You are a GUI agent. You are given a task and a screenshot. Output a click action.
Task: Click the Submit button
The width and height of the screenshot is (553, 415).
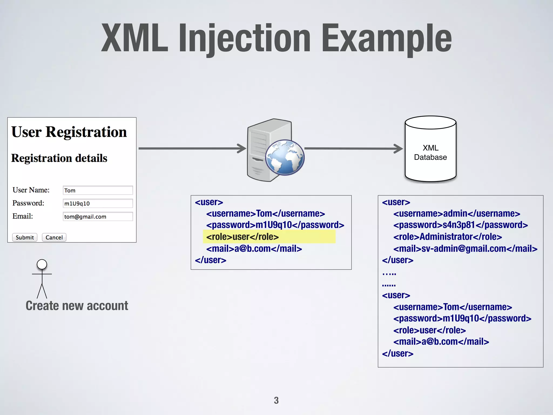tap(25, 237)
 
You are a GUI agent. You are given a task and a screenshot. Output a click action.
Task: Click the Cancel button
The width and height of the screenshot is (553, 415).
tap(54, 237)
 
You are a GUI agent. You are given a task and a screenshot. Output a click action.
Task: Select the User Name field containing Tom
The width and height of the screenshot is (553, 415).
tap(97, 190)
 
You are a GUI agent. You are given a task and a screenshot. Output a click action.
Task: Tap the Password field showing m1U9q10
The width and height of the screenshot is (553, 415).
tap(97, 203)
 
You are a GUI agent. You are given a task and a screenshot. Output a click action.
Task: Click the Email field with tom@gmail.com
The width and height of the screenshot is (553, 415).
tap(97, 216)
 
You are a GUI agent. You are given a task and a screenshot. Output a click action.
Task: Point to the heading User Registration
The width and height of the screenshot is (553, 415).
tap(69, 132)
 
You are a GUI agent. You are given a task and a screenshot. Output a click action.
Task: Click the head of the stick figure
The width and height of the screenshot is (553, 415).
tap(42, 264)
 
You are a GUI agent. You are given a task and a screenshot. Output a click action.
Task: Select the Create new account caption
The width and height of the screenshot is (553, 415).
tap(77, 306)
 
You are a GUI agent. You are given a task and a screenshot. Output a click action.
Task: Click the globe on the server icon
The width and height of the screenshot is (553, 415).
tap(285, 157)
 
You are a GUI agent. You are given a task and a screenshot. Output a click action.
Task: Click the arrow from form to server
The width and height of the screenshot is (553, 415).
tap(192, 148)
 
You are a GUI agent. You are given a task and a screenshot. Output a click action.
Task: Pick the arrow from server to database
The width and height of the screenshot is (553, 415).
tap(353, 148)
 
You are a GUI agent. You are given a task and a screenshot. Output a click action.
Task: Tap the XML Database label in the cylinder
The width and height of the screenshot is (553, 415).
tap(430, 152)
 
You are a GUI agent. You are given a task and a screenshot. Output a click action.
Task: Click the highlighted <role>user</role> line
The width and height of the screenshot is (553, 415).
tap(242, 237)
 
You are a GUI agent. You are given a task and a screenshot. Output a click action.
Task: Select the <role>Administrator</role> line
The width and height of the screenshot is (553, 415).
tap(447, 237)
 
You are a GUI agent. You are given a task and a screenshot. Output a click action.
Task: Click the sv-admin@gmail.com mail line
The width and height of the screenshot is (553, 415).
tap(465, 249)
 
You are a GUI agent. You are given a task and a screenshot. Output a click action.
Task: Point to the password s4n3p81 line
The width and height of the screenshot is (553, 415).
tap(460, 225)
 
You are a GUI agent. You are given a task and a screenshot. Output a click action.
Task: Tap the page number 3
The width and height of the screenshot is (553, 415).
tap(276, 400)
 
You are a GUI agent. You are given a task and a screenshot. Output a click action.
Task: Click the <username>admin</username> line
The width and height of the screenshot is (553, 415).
tap(456, 213)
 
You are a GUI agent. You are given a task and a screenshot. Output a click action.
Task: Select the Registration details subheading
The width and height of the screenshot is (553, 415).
tap(59, 158)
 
